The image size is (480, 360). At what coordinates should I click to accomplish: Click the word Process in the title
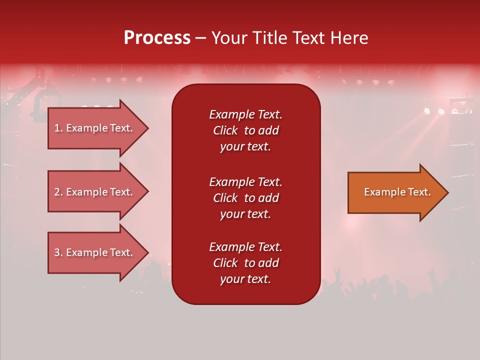(157, 38)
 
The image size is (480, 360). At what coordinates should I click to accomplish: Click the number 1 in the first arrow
(57, 128)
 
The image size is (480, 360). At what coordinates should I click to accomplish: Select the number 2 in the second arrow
(57, 192)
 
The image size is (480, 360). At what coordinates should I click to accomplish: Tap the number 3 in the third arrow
(57, 252)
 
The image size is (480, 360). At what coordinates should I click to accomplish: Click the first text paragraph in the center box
(245, 130)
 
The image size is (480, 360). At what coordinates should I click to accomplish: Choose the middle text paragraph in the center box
(245, 198)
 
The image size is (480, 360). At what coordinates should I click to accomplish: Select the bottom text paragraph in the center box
(245, 263)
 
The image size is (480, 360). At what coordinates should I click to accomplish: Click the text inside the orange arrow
(397, 192)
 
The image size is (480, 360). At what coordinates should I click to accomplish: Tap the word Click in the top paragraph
(225, 130)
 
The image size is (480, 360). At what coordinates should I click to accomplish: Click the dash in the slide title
(200, 38)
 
